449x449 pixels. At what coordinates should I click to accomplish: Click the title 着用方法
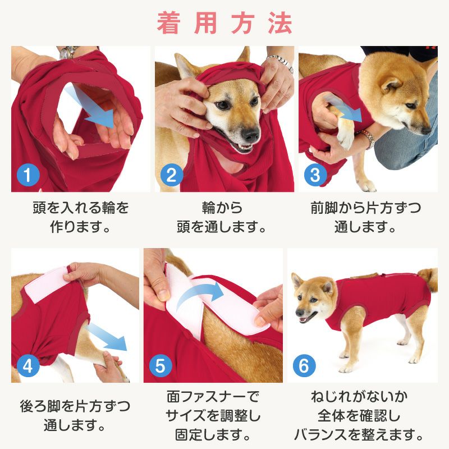tap(224, 24)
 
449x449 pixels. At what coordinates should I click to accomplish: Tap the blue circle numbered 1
tap(28, 175)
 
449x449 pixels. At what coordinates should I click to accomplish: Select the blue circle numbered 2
tap(172, 175)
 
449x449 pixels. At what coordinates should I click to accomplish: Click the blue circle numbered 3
tap(315, 175)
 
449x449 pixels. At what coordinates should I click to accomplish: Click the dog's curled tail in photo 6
tap(429, 276)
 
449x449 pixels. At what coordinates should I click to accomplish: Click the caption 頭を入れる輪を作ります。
tap(81, 218)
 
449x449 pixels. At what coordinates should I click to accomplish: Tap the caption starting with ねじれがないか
tap(359, 416)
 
